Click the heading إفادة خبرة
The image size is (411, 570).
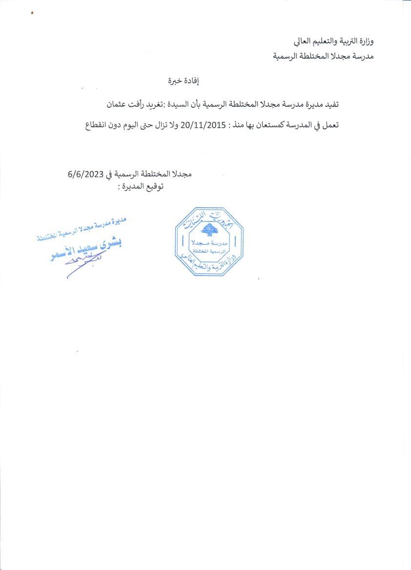[x=181, y=81]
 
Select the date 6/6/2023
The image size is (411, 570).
[x=86, y=176]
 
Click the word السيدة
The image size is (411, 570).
[x=183, y=105]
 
